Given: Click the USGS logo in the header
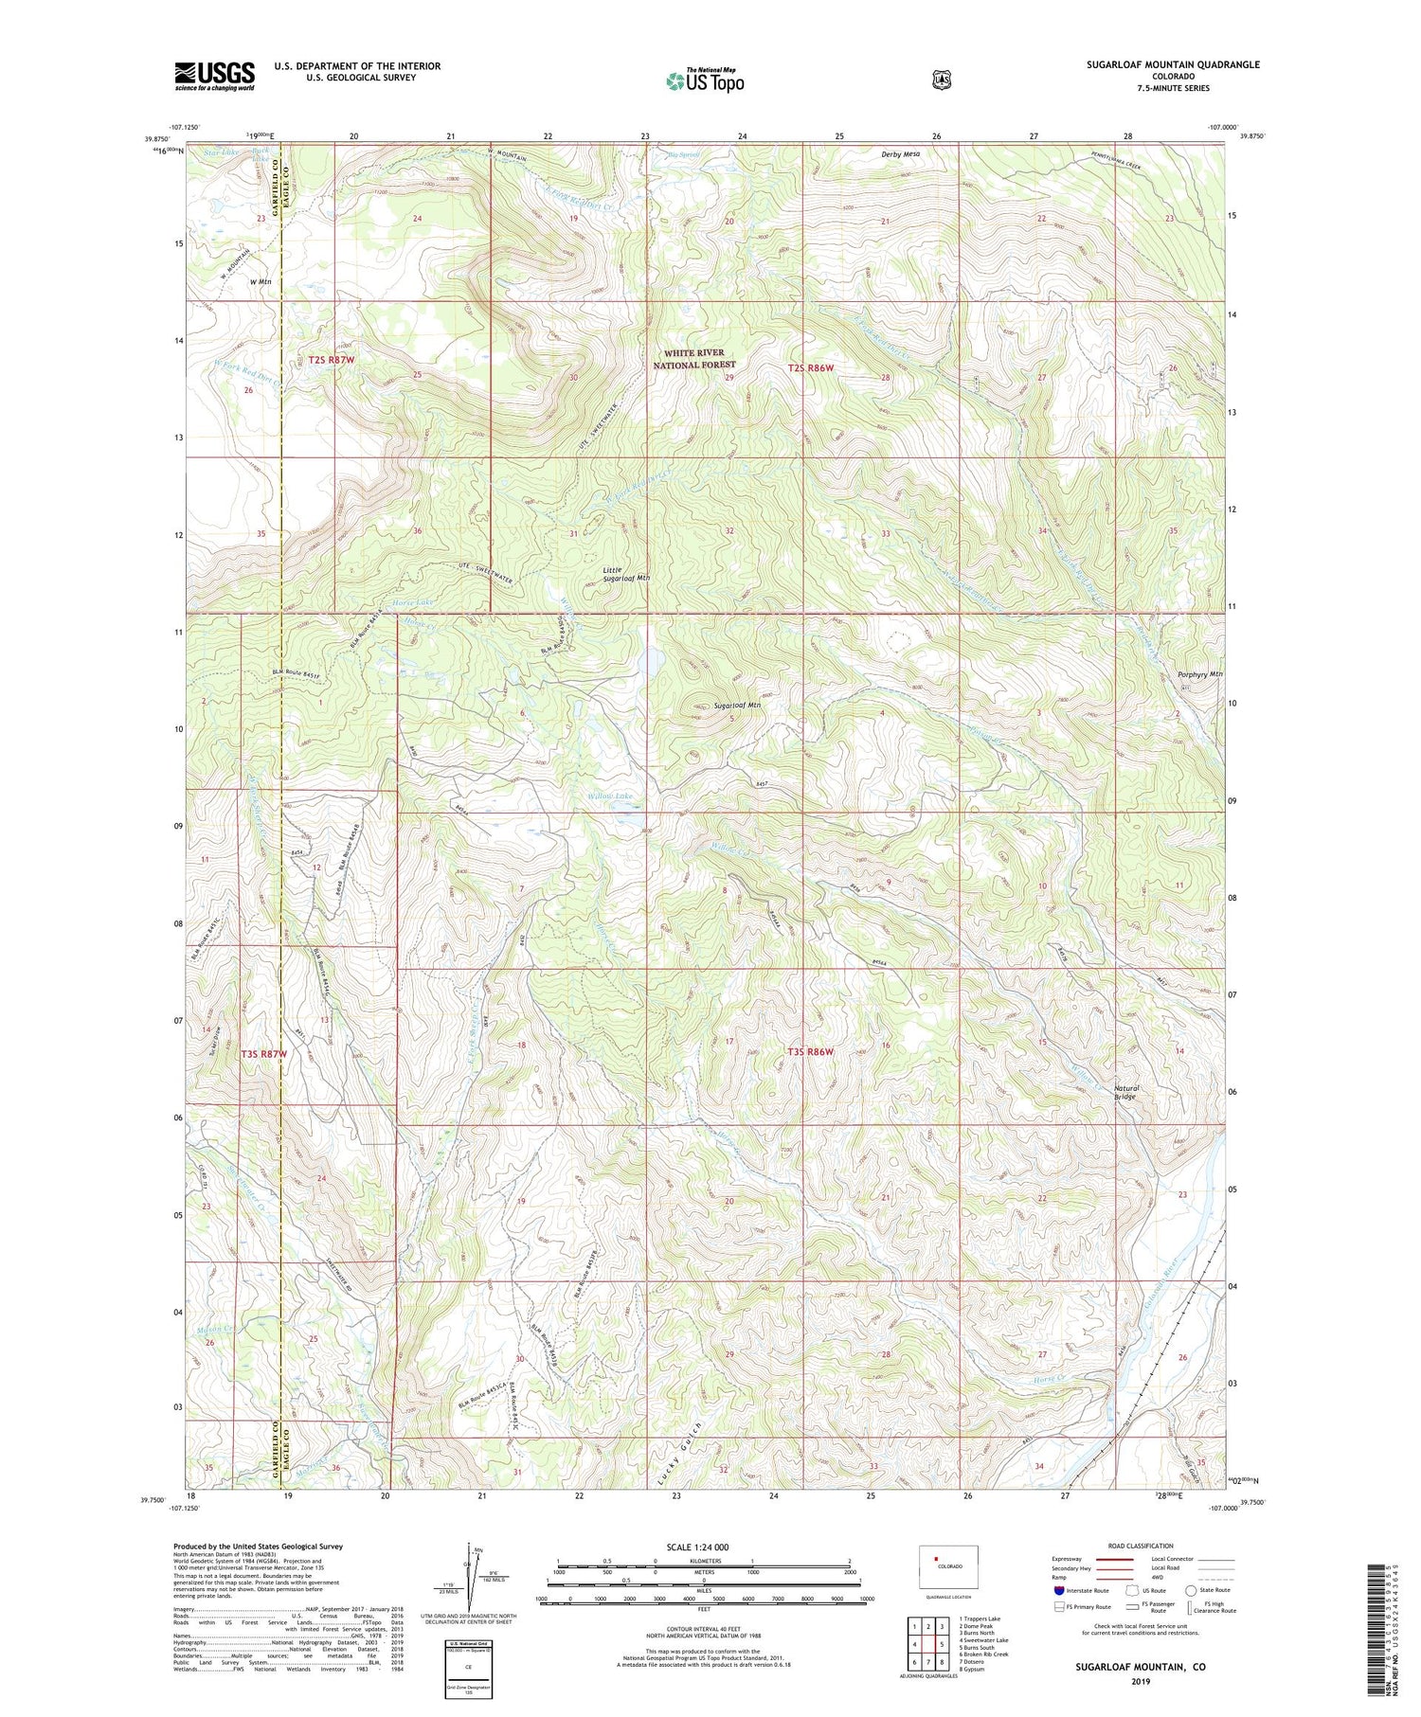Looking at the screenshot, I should point(215,76).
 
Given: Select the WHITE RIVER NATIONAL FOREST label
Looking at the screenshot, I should point(694,358).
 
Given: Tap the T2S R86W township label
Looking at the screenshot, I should point(812,367).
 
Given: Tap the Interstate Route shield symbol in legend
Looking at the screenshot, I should point(1058,1590).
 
